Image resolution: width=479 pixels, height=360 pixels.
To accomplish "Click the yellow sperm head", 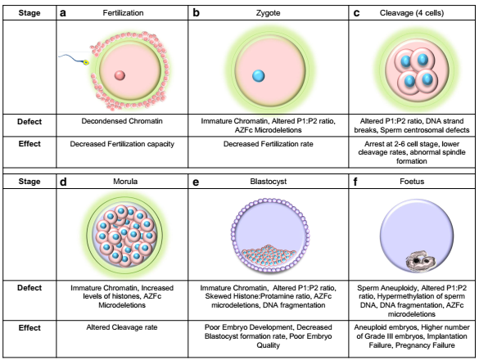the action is point(86,62).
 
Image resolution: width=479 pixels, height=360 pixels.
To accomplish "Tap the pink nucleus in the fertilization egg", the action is point(120,75).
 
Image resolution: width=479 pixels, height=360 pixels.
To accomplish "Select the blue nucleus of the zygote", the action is point(259,76).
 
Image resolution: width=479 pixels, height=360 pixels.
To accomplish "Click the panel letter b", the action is point(197,13).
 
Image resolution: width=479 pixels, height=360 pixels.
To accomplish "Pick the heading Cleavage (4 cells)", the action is point(412,13).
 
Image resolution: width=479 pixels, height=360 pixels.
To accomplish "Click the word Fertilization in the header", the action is point(123,13).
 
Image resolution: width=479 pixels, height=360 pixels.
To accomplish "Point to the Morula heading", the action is point(125,182).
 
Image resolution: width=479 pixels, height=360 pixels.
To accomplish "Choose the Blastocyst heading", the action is point(269,182).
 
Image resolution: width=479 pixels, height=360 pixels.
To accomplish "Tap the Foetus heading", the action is point(412,182).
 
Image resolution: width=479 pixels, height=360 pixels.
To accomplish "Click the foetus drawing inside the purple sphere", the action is point(420,261).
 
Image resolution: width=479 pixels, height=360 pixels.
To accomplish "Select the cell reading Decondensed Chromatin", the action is point(122,121).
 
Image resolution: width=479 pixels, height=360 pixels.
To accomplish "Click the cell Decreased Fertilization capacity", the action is point(122,144).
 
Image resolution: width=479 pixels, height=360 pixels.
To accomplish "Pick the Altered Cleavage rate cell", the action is point(122,327).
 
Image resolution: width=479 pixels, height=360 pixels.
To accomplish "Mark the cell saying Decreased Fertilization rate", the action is point(269,144).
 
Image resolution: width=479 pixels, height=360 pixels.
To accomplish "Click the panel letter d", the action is point(63,182).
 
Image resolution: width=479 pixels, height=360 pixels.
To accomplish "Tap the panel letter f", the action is point(355,182).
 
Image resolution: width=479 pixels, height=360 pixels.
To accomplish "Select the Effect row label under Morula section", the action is point(29,327).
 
